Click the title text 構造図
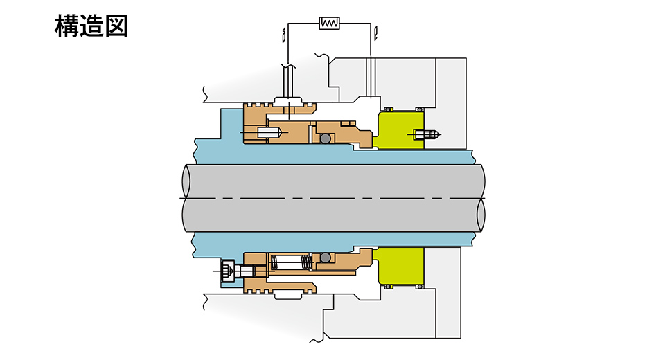tap(91, 26)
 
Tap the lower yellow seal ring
tap(398, 265)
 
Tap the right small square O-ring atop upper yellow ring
tap(420, 109)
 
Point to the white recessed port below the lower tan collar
tap(290, 295)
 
